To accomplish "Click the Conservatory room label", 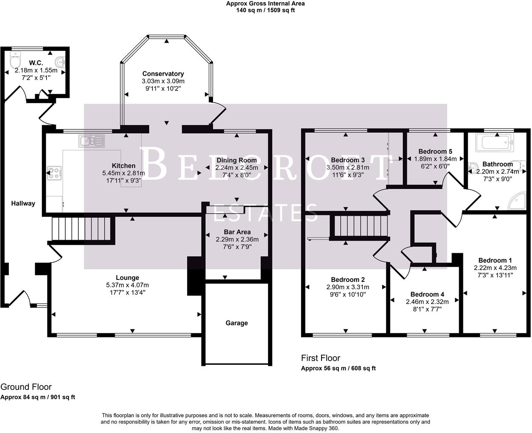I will [x=163, y=74].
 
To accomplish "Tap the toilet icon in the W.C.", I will [x=16, y=59].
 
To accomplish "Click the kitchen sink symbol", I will [x=91, y=141].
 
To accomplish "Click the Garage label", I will [x=236, y=323].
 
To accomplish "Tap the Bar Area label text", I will [x=237, y=232].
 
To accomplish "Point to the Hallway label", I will [x=23, y=203].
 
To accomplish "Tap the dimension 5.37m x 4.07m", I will [x=127, y=285].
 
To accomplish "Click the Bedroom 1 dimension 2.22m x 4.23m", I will [x=495, y=268].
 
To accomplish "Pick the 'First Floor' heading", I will [x=321, y=358].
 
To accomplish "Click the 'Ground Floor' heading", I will [x=26, y=386].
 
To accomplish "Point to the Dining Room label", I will [x=236, y=160].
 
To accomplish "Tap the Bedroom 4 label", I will [x=427, y=294].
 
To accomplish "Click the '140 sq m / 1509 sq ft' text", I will [x=266, y=10].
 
